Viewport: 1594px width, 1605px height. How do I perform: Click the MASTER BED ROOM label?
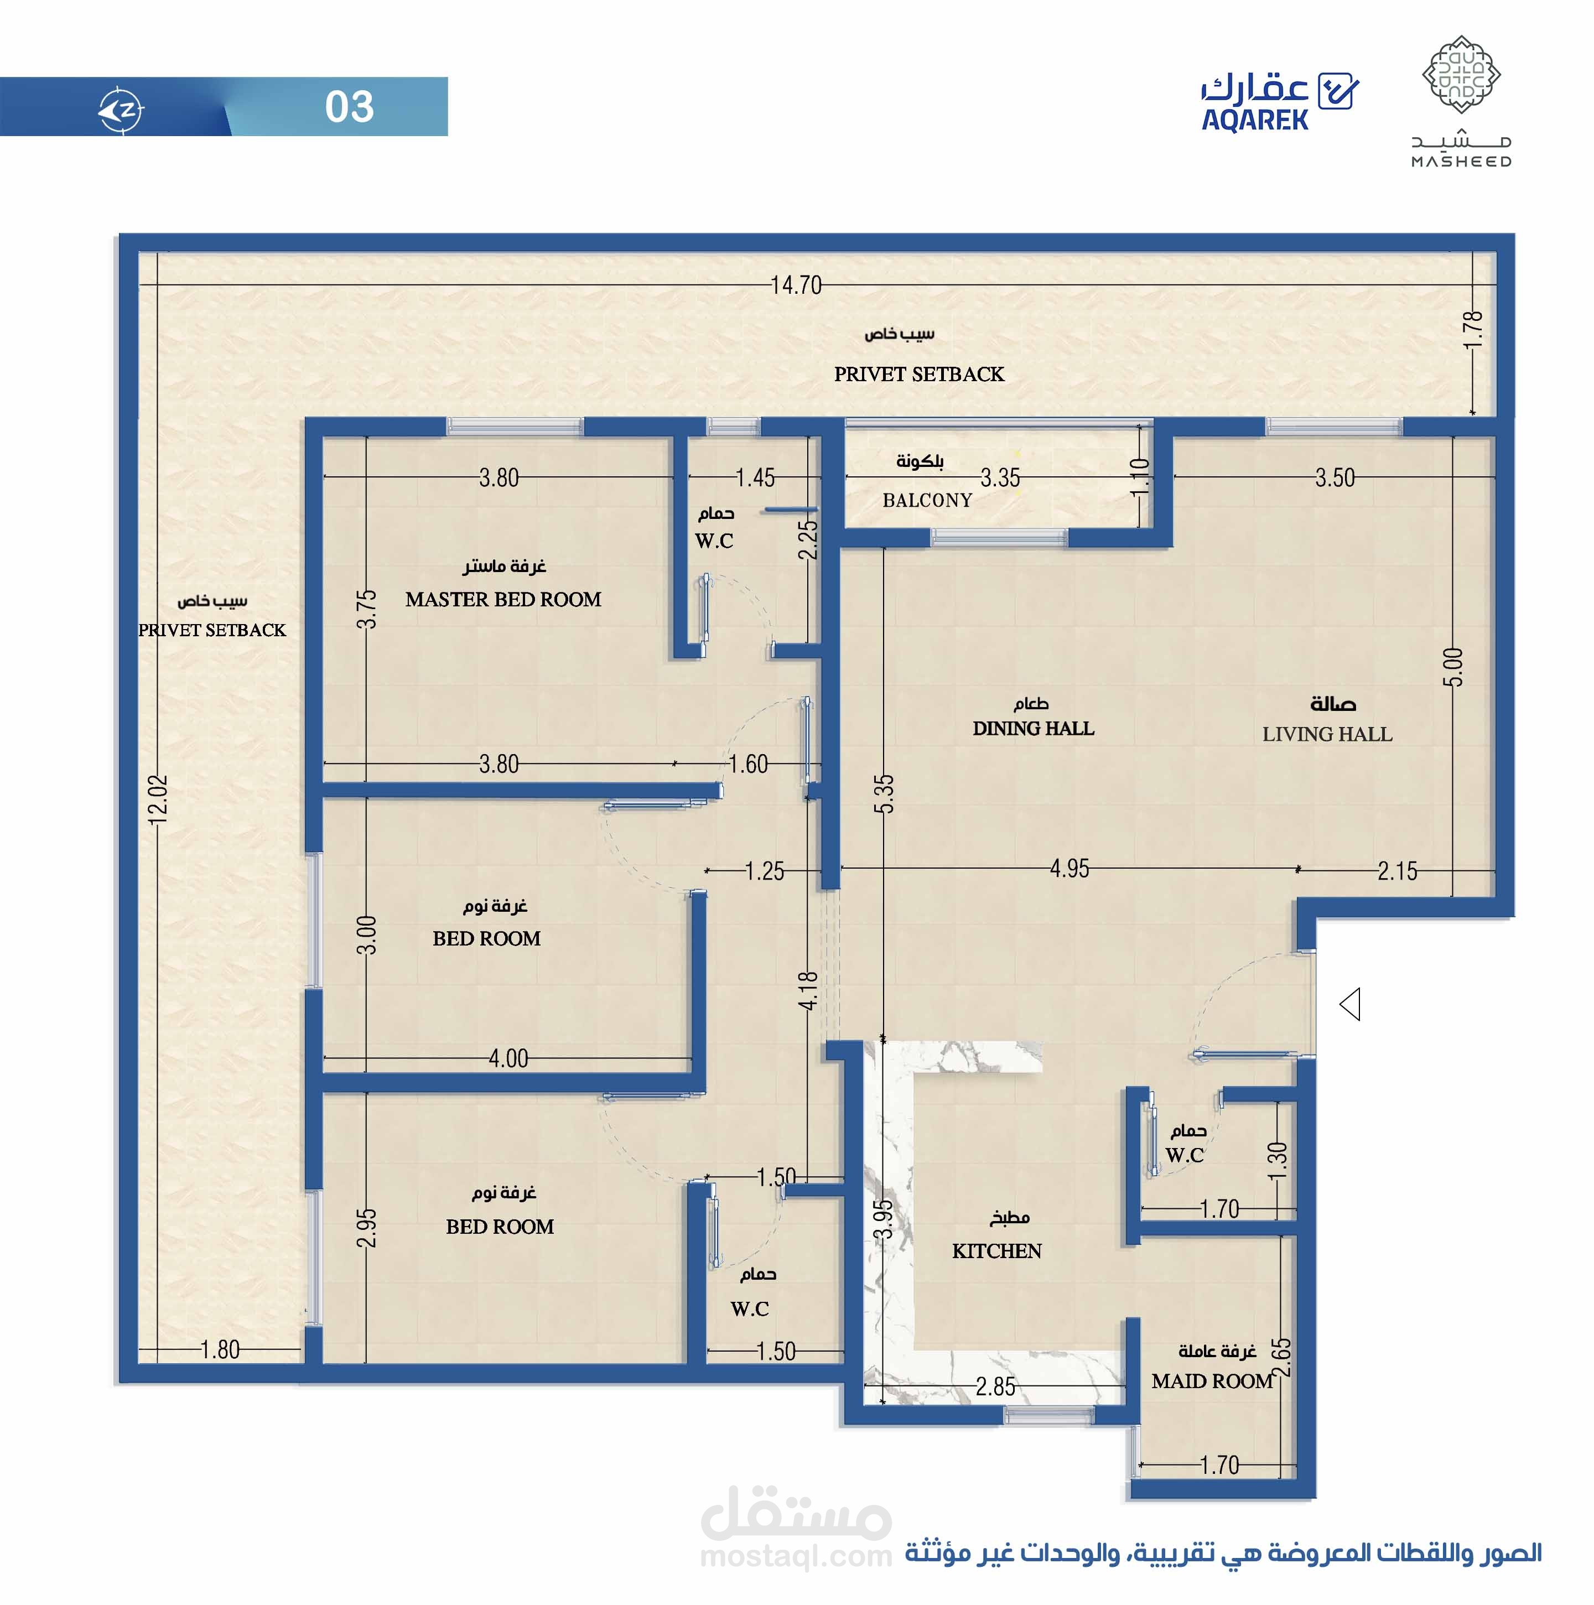pos(503,600)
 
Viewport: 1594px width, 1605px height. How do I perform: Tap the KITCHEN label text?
pos(997,1251)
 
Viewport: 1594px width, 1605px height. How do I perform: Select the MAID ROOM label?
pos(1212,1381)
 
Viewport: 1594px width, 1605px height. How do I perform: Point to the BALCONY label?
pos(927,500)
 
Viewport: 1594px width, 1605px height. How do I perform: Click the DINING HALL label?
pos(1034,729)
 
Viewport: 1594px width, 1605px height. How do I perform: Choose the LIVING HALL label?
pos(1327,734)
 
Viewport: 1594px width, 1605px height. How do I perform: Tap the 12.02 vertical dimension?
pos(158,799)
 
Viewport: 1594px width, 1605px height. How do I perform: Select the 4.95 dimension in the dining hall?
pos(1069,869)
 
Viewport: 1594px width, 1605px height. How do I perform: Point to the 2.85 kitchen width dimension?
pos(995,1386)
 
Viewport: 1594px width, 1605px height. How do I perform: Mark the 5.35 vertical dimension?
pos(885,793)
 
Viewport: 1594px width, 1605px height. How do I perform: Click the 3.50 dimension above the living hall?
pos(1335,477)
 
